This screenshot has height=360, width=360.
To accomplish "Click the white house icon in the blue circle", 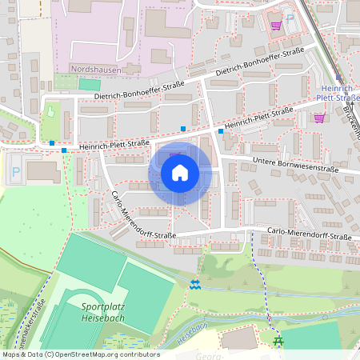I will click(x=180, y=173).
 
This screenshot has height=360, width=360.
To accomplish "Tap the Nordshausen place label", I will click(x=99, y=69).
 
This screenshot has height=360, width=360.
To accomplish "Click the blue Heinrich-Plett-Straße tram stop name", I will click(x=336, y=94).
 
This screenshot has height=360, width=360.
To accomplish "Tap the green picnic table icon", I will click(x=278, y=342).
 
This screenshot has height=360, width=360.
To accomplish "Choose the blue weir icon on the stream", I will click(x=196, y=284).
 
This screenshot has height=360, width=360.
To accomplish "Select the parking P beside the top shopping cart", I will click(x=290, y=18).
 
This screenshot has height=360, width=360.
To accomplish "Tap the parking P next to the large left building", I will click(x=15, y=170).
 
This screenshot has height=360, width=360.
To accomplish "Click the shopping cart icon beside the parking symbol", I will click(x=276, y=24).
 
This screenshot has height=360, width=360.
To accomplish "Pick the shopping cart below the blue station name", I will click(x=319, y=118).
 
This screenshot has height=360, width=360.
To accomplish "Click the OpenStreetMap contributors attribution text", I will click(x=80, y=354).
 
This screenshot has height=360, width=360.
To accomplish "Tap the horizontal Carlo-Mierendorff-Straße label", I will click(x=309, y=237).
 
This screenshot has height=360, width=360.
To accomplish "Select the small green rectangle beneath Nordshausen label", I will click(x=90, y=84).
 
